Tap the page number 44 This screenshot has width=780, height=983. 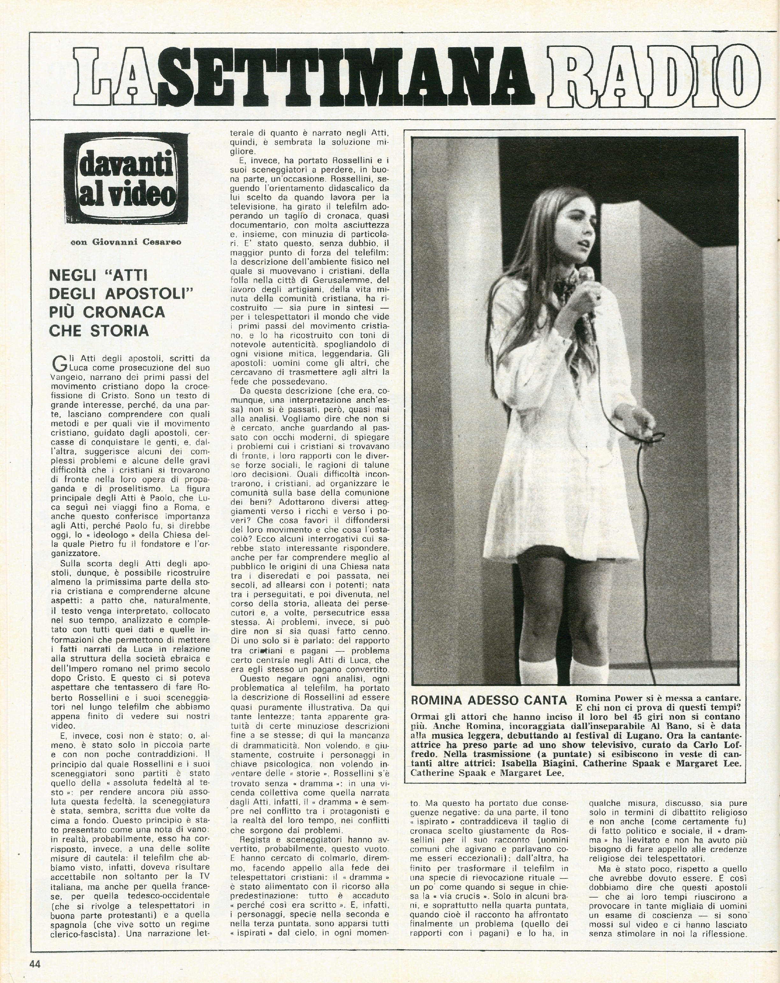[x=35, y=961]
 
